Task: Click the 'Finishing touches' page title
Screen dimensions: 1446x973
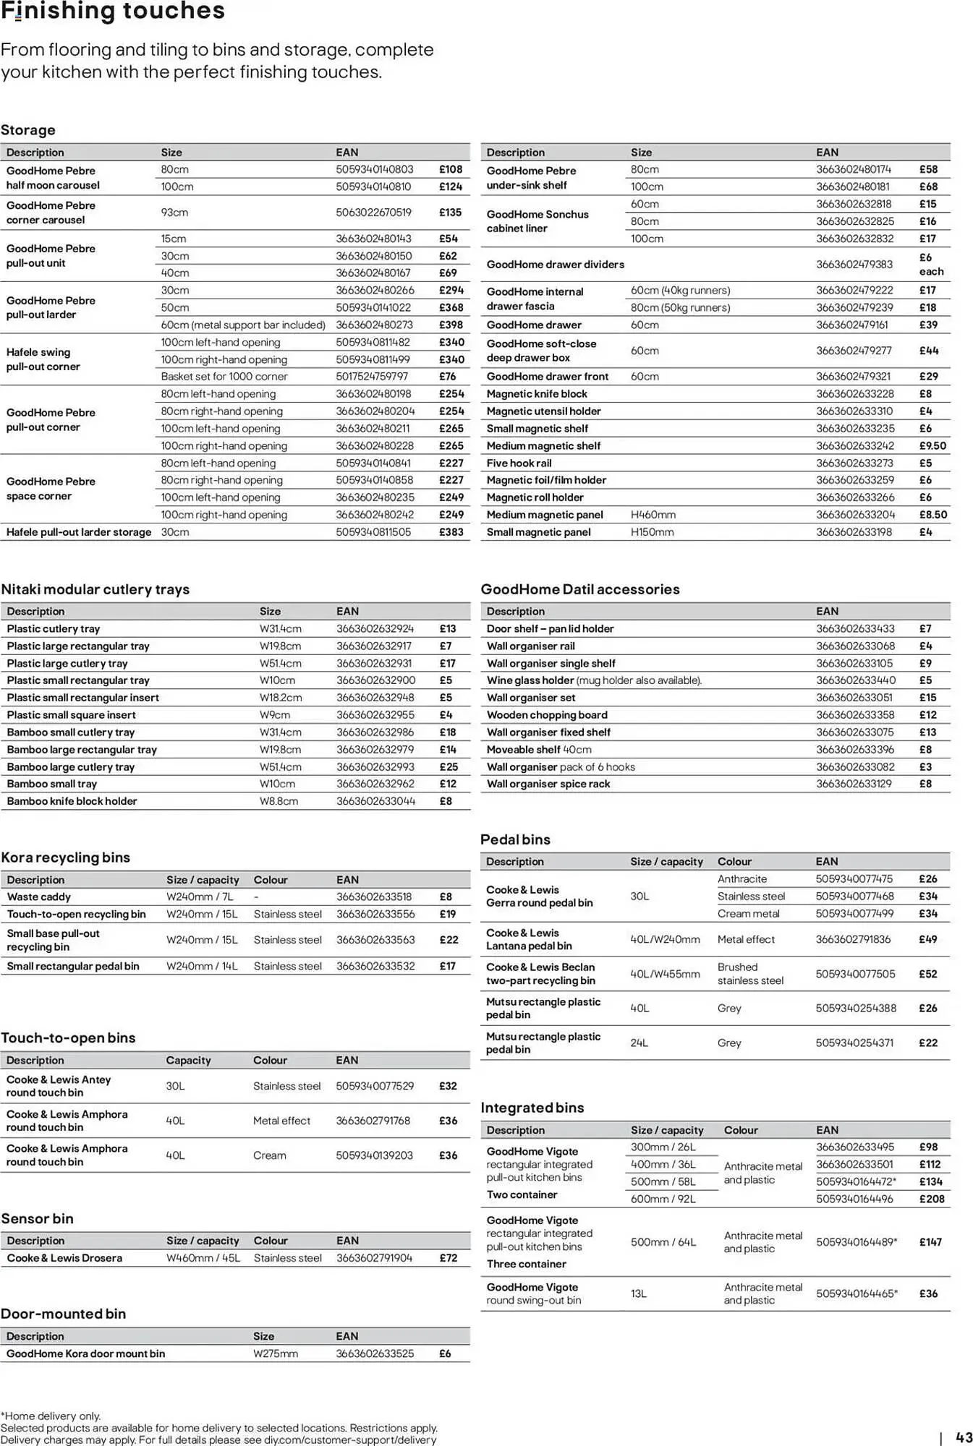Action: (113, 12)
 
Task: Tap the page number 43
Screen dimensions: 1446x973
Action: (964, 1437)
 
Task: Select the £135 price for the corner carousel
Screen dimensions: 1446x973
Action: (450, 213)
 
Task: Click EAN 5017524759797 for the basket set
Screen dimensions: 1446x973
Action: (372, 377)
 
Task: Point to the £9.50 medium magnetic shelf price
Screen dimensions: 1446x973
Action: (932, 446)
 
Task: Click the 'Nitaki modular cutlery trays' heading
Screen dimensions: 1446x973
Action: (95, 589)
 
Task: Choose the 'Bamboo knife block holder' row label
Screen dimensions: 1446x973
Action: (72, 801)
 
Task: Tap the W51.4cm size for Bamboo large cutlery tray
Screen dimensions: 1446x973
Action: (280, 767)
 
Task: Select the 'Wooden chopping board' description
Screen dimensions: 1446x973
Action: (547, 715)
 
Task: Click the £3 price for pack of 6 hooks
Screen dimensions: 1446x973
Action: (925, 767)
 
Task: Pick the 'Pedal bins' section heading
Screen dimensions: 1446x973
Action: (515, 839)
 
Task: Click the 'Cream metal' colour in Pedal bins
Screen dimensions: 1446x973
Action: (748, 914)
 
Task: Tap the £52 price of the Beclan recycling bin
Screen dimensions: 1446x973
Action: (928, 974)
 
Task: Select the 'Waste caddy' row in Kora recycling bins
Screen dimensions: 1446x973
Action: (39, 897)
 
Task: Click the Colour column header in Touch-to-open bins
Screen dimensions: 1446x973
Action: (270, 1061)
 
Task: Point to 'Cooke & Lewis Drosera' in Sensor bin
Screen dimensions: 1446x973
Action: (64, 1258)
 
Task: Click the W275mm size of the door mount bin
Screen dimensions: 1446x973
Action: (275, 1353)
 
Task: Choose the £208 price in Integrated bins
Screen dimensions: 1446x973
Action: (932, 1199)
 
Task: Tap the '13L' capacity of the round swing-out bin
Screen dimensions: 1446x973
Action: (638, 1293)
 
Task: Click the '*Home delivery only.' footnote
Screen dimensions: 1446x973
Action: (51, 1416)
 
